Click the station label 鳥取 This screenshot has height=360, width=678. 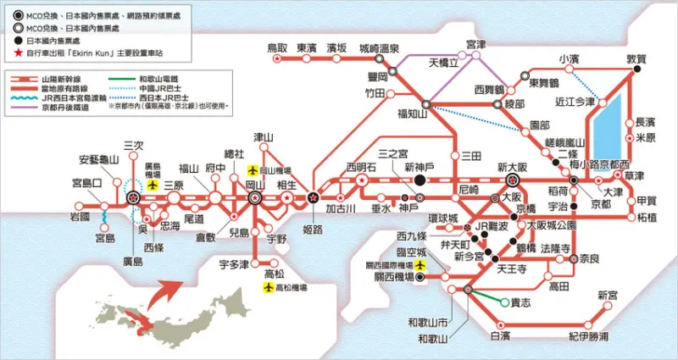(278, 48)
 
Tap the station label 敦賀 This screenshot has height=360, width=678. (635, 58)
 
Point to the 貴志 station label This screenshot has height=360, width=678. (520, 302)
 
